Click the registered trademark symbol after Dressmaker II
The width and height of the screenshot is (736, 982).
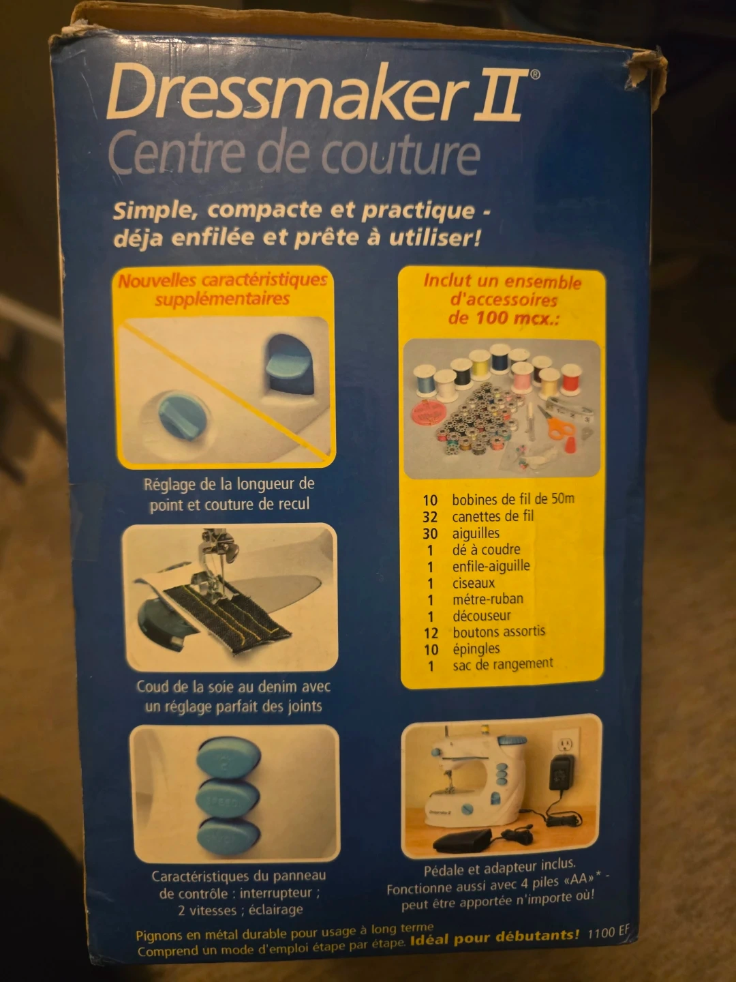[x=534, y=74]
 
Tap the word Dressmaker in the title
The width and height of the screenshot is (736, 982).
[x=284, y=91]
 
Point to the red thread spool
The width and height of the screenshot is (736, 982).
[x=570, y=378]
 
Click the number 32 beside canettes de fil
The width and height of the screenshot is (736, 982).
[x=430, y=517]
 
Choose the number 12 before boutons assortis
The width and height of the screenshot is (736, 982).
[x=431, y=633]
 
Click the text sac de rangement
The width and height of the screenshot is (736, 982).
[x=503, y=664]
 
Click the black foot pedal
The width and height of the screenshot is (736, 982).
[x=463, y=841]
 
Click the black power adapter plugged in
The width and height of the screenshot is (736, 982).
[x=562, y=773]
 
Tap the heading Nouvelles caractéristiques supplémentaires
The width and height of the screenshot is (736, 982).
[x=223, y=289]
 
